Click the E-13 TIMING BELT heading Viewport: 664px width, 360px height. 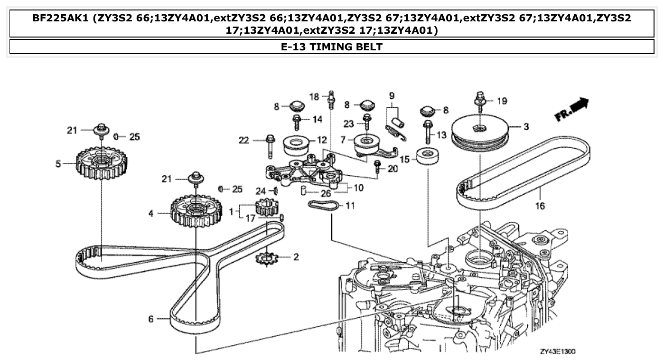[x=332, y=47]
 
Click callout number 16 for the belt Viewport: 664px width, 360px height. [x=540, y=206]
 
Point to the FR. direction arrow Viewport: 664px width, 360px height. [x=571, y=110]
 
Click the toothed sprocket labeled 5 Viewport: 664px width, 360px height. [x=96, y=164]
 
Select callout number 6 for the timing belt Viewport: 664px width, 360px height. [x=151, y=319]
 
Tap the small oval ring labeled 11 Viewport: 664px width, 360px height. [x=323, y=205]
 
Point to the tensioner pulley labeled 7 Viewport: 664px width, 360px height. [x=368, y=142]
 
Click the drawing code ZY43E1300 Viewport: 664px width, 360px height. [x=557, y=352]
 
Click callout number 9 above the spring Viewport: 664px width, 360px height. [x=392, y=95]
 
